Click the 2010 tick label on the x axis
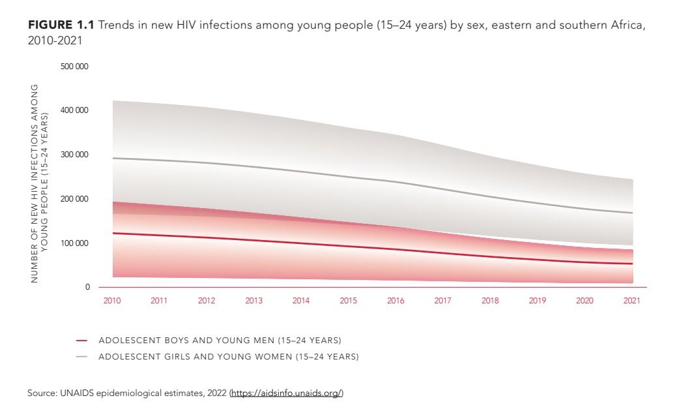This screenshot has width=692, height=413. pos(112,301)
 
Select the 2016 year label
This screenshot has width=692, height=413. pos(396,301)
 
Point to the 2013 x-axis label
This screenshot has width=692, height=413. pos(254,301)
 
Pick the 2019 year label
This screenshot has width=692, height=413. pos(538,301)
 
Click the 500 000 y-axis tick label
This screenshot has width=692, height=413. pos(75,67)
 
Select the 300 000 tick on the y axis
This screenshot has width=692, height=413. pos(75,155)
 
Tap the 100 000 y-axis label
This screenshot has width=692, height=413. pos(75,243)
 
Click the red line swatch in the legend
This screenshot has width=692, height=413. pos(81,341)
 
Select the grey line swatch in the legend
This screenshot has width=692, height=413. pos(81,357)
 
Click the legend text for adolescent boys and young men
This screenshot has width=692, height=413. pos(220,341)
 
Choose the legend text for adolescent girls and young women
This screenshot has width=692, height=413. pos(228,357)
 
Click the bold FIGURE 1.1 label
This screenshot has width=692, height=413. pos(62,25)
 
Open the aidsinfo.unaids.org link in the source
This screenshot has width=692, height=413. pos(286,393)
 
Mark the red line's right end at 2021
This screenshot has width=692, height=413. pos(632,264)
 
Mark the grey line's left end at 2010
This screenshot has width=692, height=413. pos(113,158)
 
